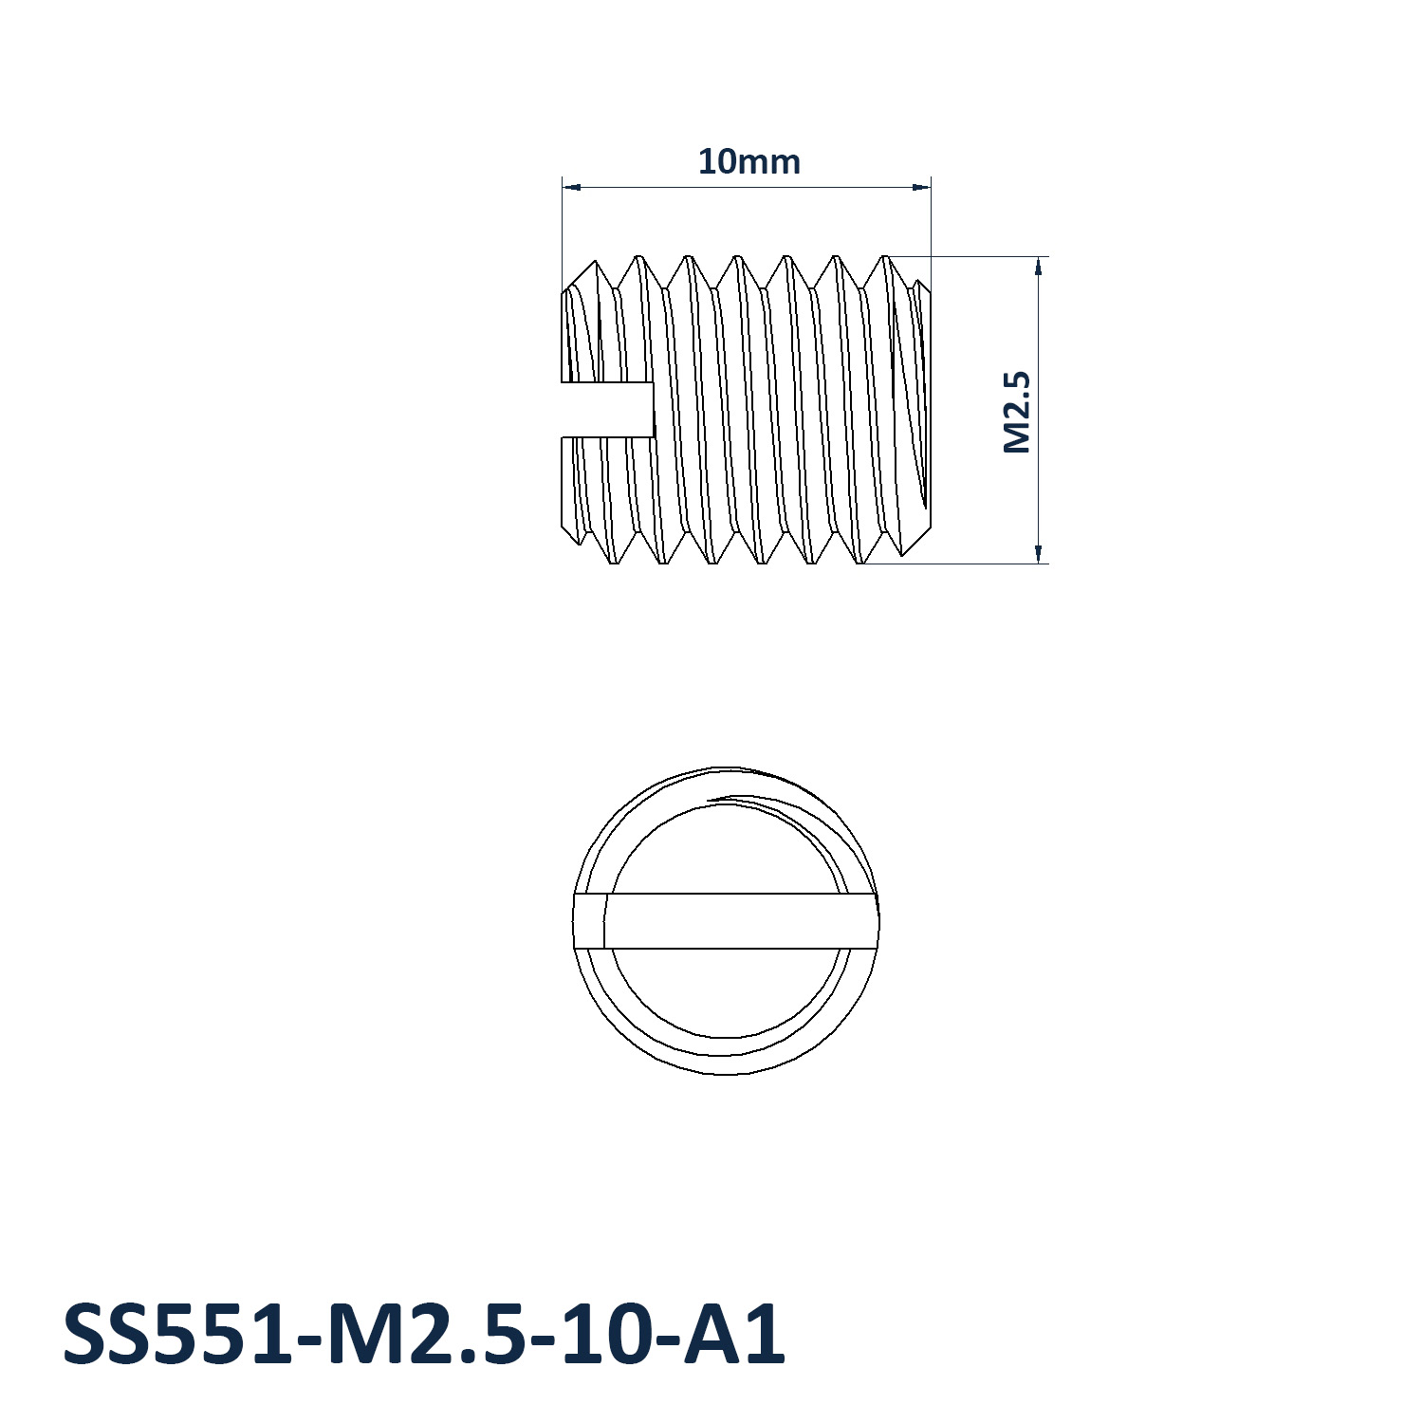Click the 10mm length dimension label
click(x=748, y=162)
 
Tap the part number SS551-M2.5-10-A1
click(x=424, y=1334)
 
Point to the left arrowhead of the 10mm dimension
click(x=571, y=187)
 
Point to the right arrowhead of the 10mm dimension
click(x=921, y=187)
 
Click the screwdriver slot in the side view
click(x=608, y=411)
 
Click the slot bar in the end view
click(x=726, y=921)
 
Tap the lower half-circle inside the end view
click(x=726, y=1034)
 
